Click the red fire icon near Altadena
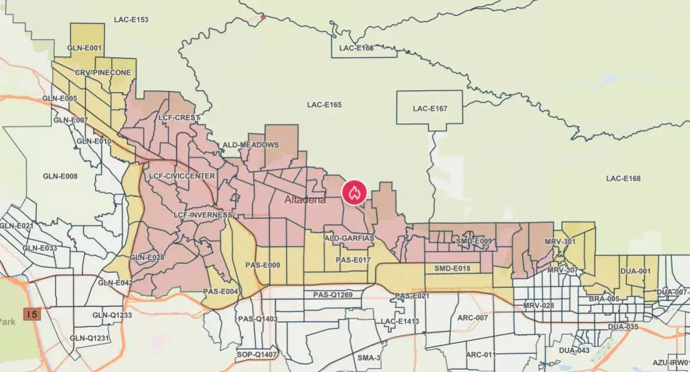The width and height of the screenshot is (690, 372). pyautogui.click(x=354, y=192)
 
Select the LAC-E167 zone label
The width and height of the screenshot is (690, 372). pyautogui.click(x=429, y=109)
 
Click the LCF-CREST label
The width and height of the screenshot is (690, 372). pyautogui.click(x=178, y=118)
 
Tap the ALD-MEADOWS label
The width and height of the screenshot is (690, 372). pyautogui.click(x=250, y=145)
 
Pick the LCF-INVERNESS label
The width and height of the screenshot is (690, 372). pyautogui.click(x=202, y=215)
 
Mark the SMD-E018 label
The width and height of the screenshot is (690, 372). pyautogui.click(x=452, y=269)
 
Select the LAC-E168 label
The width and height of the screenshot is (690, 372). pyautogui.click(x=623, y=178)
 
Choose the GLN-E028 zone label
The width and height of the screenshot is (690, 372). pyautogui.click(x=147, y=257)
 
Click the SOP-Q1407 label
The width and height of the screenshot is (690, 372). pyautogui.click(x=256, y=355)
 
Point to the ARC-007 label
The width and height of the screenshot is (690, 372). pyautogui.click(x=473, y=317)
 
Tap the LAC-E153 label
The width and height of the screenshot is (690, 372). pyautogui.click(x=131, y=20)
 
